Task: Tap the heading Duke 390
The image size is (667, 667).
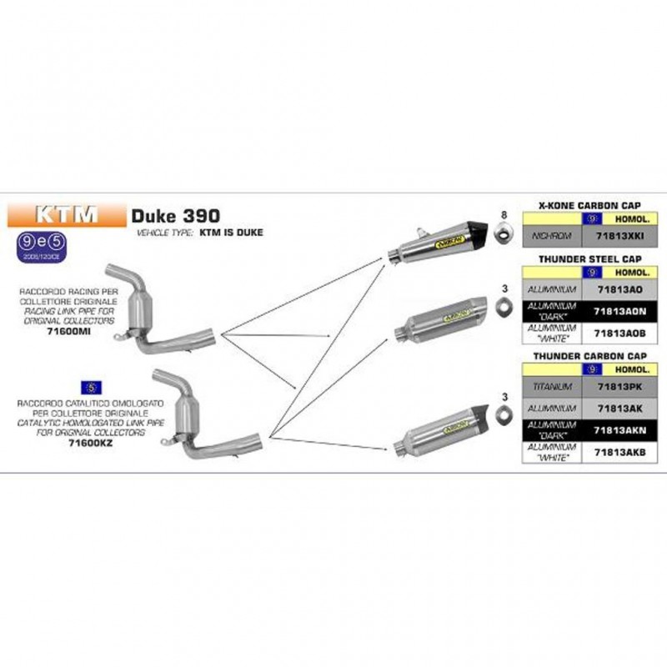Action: pyautogui.click(x=175, y=214)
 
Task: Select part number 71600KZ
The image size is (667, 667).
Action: pyautogui.click(x=92, y=444)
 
